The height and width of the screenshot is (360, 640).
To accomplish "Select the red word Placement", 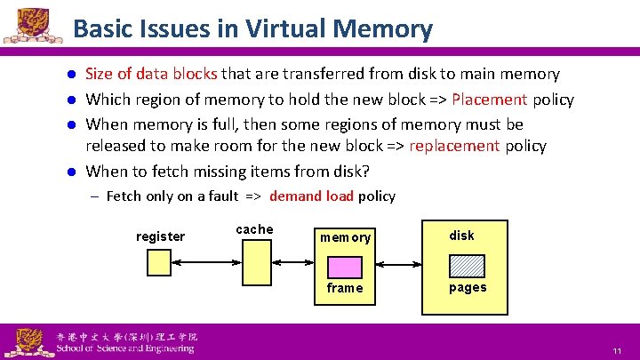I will [x=490, y=100].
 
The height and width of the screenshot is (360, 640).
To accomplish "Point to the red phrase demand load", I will [x=311, y=196].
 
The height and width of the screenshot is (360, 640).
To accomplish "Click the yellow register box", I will [x=158, y=262].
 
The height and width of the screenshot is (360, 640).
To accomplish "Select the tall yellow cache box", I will [x=257, y=262].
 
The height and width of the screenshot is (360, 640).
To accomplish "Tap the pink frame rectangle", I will [x=345, y=267].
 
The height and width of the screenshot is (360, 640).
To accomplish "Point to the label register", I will [x=160, y=236].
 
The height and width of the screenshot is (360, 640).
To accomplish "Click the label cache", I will [x=254, y=229].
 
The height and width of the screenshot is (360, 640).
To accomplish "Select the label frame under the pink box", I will [x=345, y=288].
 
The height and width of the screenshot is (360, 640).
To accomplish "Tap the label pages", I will [x=467, y=287].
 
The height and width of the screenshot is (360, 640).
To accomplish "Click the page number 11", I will [x=616, y=352].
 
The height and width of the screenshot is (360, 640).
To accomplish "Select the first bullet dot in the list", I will [x=75, y=75].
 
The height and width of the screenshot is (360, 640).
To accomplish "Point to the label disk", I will [x=461, y=236].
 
